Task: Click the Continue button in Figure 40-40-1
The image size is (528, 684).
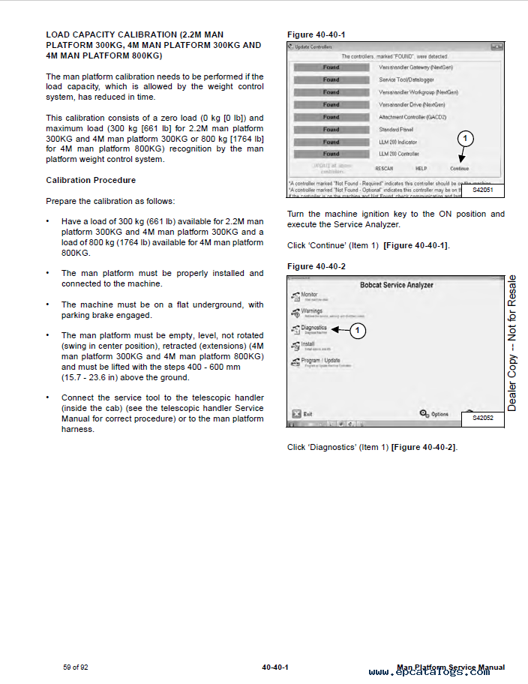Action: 459,169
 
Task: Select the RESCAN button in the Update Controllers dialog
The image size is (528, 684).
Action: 384,169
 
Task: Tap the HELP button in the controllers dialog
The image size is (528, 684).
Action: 421,169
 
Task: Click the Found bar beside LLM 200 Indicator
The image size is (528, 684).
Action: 331,142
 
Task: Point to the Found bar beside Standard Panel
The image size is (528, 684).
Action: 331,129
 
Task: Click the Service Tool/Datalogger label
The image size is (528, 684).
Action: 407,79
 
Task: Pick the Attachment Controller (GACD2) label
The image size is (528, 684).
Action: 412,117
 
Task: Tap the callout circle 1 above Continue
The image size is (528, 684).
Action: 465,139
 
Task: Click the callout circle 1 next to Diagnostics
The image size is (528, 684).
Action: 358,329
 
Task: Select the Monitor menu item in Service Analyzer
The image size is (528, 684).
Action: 309,295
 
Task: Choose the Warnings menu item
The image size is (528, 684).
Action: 310,311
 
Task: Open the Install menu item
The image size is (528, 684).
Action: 307,345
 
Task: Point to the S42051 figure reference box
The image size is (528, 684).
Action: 482,190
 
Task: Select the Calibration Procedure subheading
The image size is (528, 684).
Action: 91,181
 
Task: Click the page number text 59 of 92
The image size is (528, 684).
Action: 76,667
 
